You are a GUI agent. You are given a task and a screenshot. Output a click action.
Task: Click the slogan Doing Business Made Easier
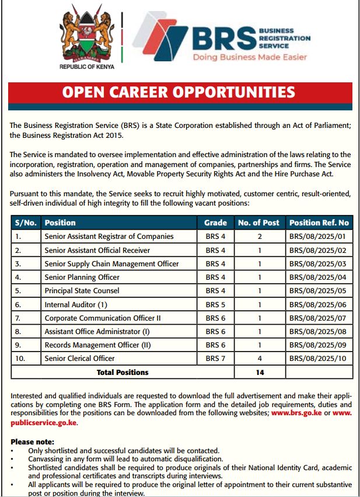click(x=250, y=58)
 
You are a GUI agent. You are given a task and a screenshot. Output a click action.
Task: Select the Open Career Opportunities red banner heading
click(x=179, y=93)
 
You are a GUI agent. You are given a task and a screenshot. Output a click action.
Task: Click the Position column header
click(x=60, y=223)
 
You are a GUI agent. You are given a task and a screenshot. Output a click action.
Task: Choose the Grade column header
click(x=215, y=223)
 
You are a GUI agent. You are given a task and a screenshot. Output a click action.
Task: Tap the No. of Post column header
click(x=259, y=223)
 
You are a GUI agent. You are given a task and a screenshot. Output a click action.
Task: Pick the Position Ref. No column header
click(x=319, y=223)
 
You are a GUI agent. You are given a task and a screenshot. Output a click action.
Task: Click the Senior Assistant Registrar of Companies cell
click(x=109, y=237)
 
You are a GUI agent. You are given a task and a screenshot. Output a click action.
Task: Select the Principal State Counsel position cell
click(x=82, y=291)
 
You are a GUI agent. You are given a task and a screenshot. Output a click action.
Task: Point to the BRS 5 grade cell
click(x=215, y=304)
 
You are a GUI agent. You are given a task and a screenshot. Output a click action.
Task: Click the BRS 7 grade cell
click(x=215, y=359)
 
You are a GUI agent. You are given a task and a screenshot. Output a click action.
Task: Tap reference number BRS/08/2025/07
click(x=317, y=318)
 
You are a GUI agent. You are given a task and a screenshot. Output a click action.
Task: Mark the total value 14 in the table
click(x=260, y=372)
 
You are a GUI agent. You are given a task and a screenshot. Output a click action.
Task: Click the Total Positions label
click(x=123, y=372)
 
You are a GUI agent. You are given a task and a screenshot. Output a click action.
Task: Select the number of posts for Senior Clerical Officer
click(x=260, y=359)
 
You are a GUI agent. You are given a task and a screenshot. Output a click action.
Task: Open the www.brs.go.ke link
click(x=298, y=413)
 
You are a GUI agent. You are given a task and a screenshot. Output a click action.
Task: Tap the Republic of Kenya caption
click(x=87, y=67)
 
